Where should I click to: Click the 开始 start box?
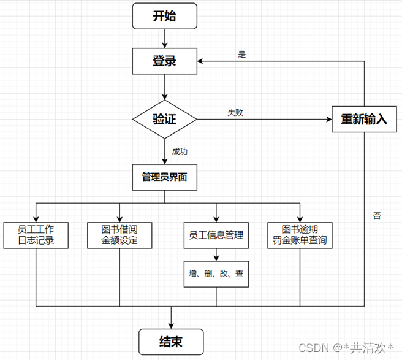point(164,16)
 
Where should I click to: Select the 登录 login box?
point(164,61)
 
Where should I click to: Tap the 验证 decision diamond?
point(164,119)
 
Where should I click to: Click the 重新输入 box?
point(365,119)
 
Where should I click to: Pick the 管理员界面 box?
point(164,177)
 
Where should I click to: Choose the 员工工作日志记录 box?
point(36,235)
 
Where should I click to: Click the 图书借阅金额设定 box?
point(119,235)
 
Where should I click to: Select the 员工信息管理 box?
point(216,235)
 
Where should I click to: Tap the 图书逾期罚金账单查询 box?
point(300,235)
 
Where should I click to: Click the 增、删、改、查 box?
point(216,274)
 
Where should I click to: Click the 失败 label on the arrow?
point(236,113)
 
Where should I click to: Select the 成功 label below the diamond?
point(180,151)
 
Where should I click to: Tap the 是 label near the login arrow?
point(241,54)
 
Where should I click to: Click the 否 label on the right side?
point(376,216)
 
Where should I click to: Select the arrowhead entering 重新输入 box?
point(328,119)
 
